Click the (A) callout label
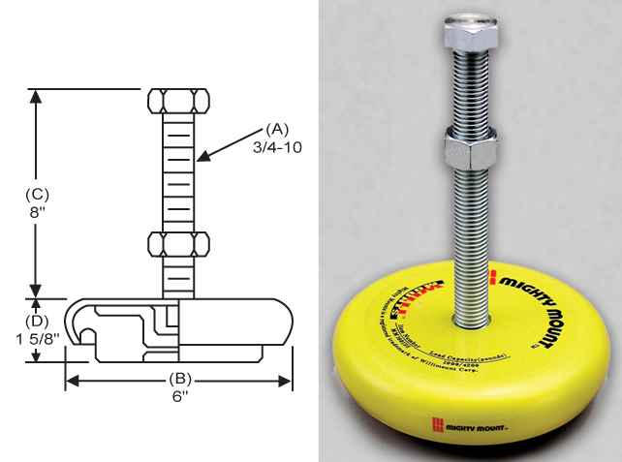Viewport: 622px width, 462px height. point(277,128)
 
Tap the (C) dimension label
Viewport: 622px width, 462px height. point(37,193)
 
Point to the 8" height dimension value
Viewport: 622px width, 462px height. point(37,211)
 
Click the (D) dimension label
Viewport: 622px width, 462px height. point(37,319)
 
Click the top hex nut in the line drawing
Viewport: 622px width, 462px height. point(178,101)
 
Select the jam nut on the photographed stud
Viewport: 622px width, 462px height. point(471,151)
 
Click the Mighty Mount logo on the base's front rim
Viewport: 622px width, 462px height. point(471,423)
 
